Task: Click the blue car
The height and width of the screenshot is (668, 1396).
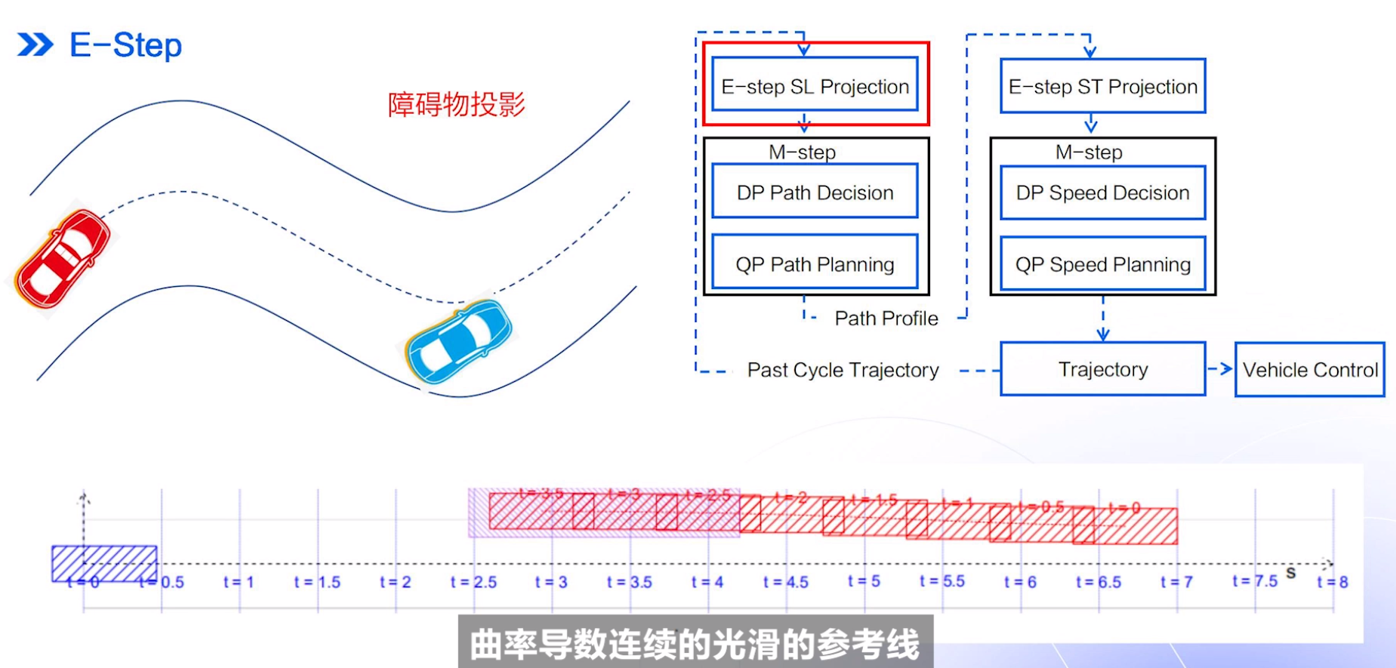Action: point(458,342)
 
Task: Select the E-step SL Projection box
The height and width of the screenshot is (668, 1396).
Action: point(815,86)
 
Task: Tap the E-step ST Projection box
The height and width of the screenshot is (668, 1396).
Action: point(1102,86)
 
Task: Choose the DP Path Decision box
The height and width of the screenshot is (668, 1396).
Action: point(815,192)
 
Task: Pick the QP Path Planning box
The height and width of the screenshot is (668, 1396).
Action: point(815,264)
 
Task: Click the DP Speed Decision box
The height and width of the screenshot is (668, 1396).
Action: point(1102,192)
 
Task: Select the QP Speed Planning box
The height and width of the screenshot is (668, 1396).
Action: point(1102,264)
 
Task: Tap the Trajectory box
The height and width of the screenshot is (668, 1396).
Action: point(1102,369)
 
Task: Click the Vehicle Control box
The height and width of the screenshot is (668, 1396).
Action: point(1310,370)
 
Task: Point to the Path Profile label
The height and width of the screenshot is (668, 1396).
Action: point(886,319)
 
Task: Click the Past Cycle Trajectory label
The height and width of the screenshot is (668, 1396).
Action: point(843,370)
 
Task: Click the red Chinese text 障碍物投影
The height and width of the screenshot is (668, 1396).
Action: point(456,104)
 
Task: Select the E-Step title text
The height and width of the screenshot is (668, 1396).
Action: point(125,45)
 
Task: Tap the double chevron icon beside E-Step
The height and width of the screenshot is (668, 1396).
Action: point(35,45)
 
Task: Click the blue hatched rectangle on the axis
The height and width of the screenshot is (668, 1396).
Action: point(104,564)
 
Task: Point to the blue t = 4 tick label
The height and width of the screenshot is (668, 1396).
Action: point(707,582)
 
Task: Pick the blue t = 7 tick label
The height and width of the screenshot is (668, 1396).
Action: point(1176,582)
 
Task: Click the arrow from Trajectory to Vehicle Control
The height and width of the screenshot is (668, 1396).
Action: point(1220,369)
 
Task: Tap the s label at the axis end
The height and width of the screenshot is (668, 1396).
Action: point(1291,573)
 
